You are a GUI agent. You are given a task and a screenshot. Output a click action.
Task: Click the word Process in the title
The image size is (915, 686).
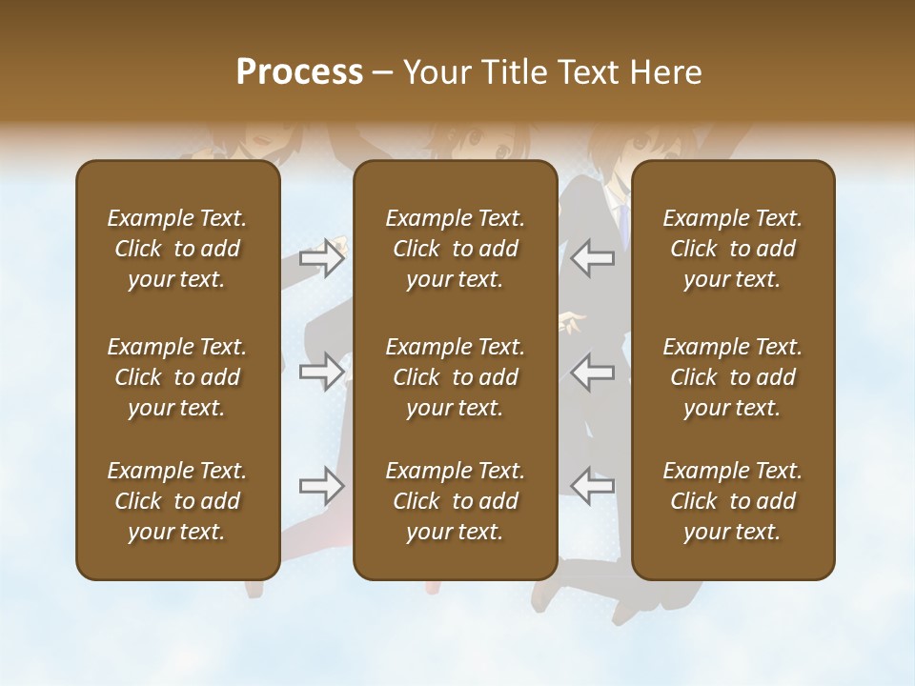299,72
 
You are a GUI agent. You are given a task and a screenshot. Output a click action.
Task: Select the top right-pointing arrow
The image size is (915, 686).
322,258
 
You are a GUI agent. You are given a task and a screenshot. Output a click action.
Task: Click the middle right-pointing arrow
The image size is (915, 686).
322,372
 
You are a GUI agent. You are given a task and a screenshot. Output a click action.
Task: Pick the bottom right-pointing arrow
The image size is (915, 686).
322,486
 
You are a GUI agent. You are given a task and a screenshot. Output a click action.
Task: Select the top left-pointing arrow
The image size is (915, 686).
593,258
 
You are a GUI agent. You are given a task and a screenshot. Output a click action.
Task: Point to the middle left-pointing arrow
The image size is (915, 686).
593,372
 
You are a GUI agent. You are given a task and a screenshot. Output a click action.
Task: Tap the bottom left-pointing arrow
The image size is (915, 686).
593,486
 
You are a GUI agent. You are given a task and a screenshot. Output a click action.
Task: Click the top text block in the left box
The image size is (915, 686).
177,249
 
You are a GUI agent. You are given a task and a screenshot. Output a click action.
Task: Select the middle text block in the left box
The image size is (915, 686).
177,377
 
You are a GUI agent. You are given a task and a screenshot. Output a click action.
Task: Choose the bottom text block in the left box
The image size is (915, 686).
177,501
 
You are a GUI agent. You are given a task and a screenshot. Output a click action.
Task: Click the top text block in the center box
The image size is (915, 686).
456,249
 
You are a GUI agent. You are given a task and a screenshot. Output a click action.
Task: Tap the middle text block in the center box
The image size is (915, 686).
456,377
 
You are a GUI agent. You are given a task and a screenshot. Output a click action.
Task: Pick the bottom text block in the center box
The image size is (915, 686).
456,501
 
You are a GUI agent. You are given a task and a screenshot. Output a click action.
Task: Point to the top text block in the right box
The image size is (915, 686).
733,249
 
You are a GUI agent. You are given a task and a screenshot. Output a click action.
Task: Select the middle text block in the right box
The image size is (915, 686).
733,377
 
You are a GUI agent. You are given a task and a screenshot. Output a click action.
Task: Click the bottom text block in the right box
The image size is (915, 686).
733,501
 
